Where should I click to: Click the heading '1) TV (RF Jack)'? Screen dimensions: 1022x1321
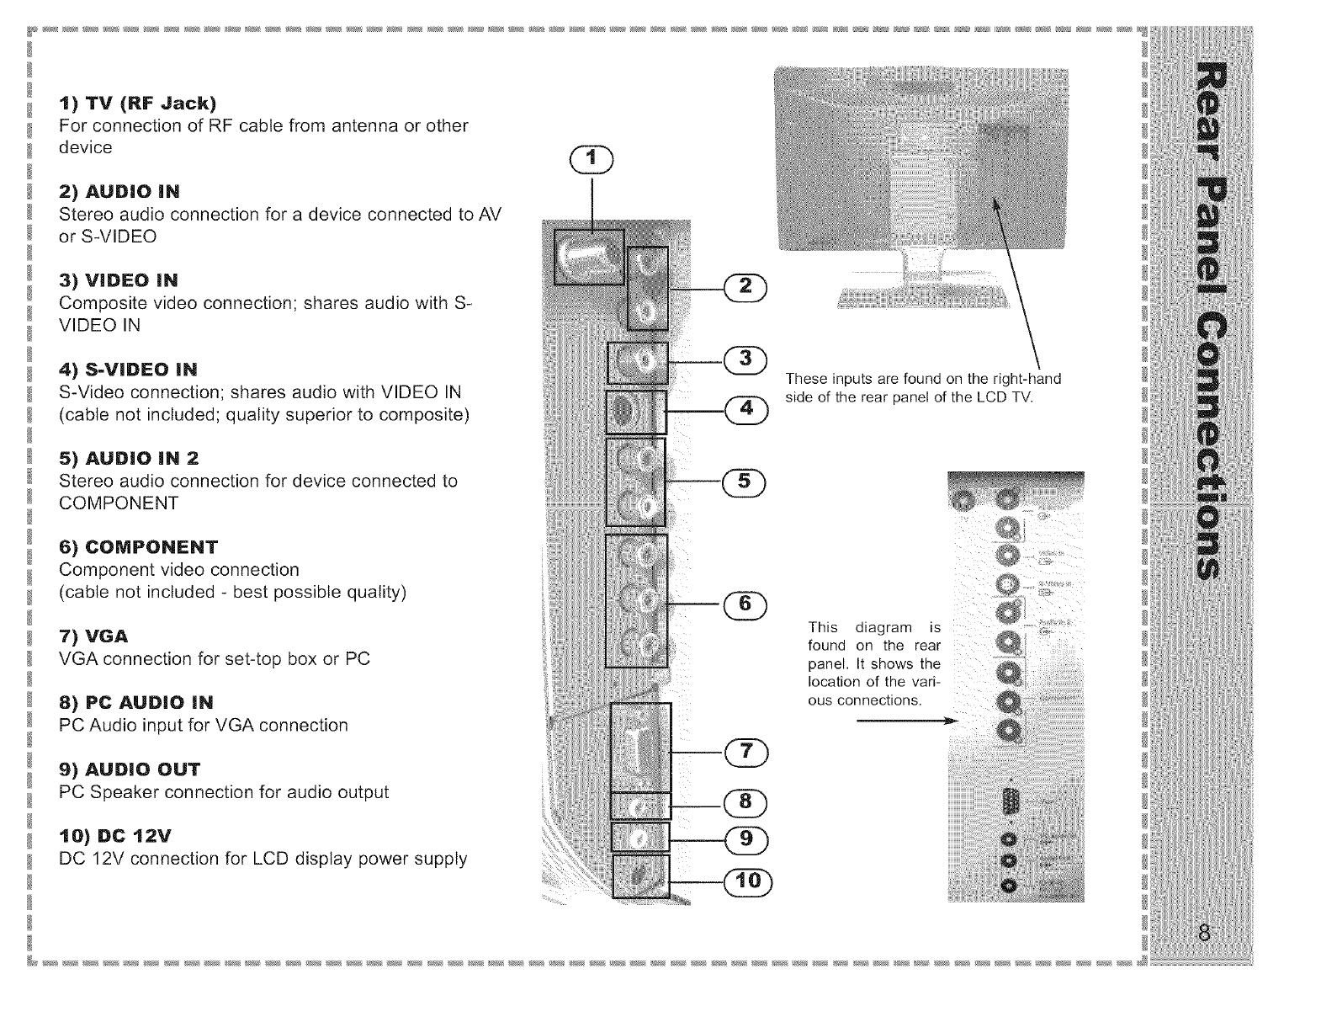137,104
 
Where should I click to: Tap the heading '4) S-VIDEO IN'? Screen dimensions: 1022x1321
128,370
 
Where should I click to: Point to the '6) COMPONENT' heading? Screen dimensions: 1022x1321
138,547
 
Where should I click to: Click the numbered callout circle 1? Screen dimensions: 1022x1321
593,158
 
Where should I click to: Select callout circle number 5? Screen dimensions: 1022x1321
744,481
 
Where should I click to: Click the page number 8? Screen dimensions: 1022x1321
1205,934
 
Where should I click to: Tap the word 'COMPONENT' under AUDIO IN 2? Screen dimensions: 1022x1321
119,503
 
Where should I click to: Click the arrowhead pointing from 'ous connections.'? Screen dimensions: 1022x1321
952,721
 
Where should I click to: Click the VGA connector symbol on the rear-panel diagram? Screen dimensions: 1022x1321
1011,800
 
